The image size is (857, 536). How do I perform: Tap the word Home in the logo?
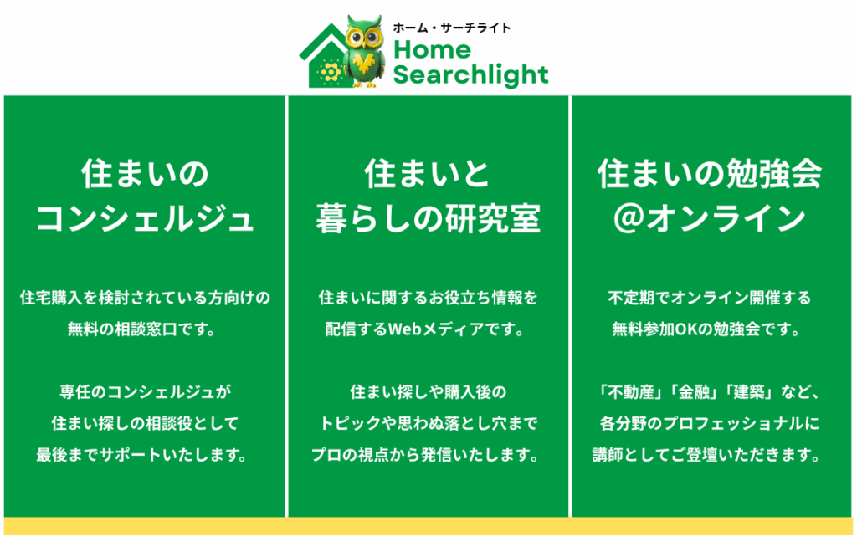click(432, 50)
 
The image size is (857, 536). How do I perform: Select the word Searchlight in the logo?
click(470, 74)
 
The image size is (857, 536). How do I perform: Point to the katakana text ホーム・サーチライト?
click(451, 28)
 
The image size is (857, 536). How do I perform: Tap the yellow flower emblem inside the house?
click(329, 72)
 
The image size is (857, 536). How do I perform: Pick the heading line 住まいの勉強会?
click(710, 174)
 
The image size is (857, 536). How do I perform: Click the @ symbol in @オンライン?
click(628, 218)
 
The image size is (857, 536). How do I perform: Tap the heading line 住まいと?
click(427, 174)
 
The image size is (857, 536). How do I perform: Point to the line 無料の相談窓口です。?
click(141, 329)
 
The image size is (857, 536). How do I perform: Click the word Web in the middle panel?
click(403, 329)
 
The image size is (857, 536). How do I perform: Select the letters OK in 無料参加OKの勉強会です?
click(685, 329)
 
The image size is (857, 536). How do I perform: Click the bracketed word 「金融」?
click(694, 392)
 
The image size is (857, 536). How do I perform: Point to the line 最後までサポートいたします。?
click(141, 455)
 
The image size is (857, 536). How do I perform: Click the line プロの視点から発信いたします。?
click(425, 455)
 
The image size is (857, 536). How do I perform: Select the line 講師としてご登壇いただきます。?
click(706, 455)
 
